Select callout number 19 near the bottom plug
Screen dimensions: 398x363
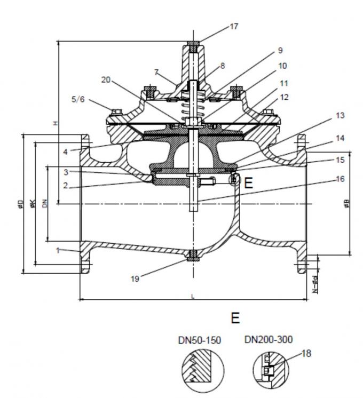coord(135,278)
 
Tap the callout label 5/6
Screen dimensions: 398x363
coord(77,99)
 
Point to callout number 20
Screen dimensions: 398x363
coord(106,79)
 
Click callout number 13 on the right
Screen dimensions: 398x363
coord(340,115)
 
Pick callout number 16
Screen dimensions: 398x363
coord(340,179)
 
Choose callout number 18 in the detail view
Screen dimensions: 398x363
coord(306,353)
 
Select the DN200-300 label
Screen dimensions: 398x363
coord(268,340)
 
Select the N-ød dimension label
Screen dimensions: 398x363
coord(315,285)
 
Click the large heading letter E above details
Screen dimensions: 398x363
coord(234,318)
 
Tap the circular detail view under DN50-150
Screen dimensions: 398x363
coord(202,370)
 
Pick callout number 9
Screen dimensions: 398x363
coord(280,51)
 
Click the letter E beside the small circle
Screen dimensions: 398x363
coord(248,184)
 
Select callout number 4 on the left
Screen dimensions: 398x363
coord(65,152)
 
